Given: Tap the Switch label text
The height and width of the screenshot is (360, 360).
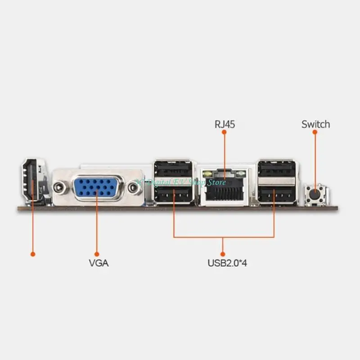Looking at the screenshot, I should click(315, 124).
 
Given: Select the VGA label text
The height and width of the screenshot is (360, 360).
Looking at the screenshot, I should click(99, 262).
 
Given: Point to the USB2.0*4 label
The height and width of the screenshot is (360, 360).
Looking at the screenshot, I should click(227, 262).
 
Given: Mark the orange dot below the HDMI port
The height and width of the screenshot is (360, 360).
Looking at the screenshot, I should click(32, 254).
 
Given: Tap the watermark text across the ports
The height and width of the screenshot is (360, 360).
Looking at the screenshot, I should click(180, 182).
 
